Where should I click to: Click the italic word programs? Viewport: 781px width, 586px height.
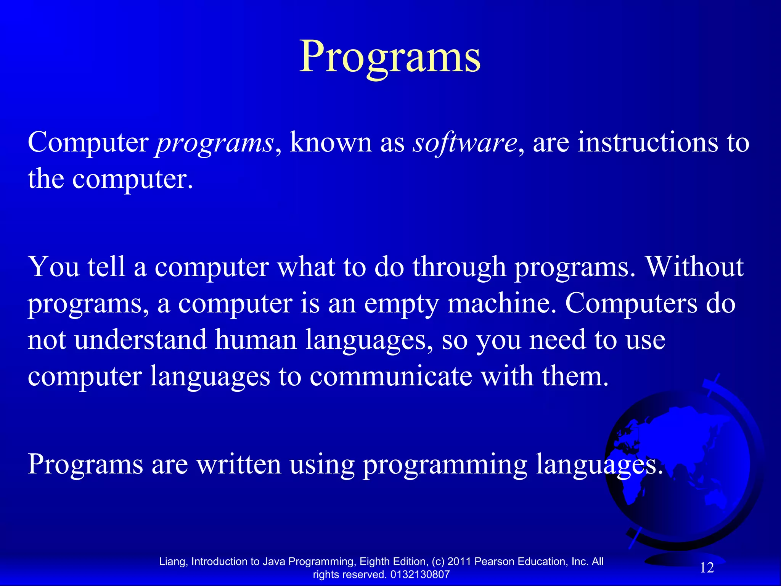click(215, 143)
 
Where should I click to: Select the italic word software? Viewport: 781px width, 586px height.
click(465, 143)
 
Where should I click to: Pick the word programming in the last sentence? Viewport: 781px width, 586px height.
click(445, 465)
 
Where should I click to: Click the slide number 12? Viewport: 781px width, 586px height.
click(707, 568)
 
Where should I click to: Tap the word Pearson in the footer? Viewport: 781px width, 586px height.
click(494, 562)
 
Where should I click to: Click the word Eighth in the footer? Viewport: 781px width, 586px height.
click(373, 562)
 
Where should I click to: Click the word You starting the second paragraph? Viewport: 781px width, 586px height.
click(54, 267)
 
